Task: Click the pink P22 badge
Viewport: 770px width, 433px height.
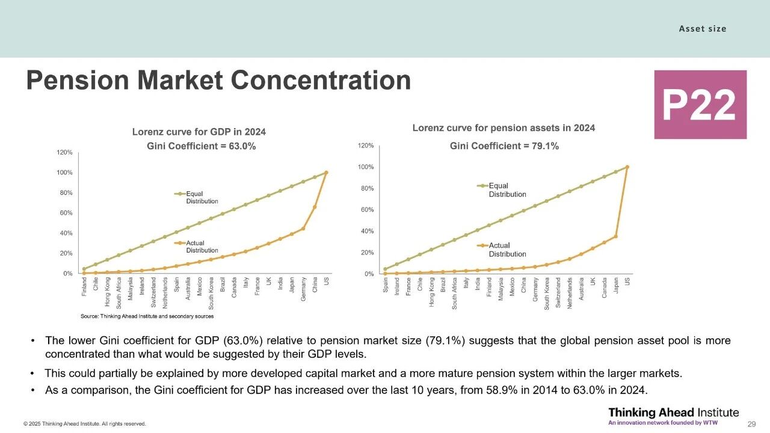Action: click(700, 105)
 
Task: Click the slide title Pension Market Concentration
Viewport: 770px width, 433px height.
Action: click(218, 80)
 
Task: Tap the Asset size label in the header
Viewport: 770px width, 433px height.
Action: click(703, 28)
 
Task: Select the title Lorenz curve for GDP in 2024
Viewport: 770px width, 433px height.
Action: click(199, 132)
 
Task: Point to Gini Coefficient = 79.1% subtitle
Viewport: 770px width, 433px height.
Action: click(504, 146)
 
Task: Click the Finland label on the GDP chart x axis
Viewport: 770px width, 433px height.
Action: click(84, 287)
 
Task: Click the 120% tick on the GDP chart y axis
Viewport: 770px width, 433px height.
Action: click(65, 153)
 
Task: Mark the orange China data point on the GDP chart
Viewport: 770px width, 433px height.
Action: click(315, 207)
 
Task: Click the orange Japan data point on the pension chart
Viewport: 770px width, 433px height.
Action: click(615, 236)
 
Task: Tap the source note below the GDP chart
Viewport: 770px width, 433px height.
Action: click(147, 316)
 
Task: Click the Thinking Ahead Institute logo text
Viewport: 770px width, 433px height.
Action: click(673, 413)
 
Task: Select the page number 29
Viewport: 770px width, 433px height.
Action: click(751, 424)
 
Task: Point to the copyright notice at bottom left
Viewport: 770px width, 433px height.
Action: click(85, 424)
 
